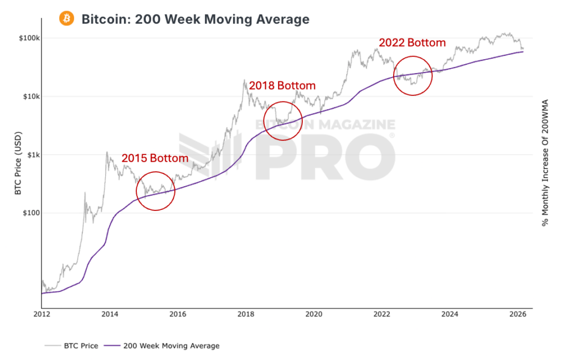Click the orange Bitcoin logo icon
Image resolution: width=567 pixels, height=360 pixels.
pyautogui.click(x=67, y=19)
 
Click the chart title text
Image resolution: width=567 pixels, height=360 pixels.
pyautogui.click(x=195, y=19)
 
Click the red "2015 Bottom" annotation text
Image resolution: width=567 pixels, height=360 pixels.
pyautogui.click(x=155, y=158)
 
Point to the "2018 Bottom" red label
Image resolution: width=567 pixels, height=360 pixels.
pyautogui.click(x=282, y=86)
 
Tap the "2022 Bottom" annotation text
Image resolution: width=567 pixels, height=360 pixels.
pyautogui.click(x=412, y=43)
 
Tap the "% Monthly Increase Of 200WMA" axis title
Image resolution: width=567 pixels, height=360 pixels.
pyautogui.click(x=544, y=163)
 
